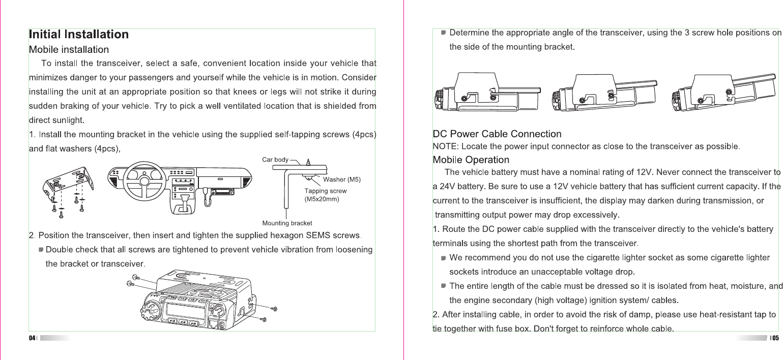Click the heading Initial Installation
[79, 35]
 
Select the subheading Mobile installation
[69, 50]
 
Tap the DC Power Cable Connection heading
[497, 134]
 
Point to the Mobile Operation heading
[471, 160]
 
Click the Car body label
[275, 160]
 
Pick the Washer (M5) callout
[342, 179]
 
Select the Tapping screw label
[325, 191]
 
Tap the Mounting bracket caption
[287, 223]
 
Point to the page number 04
[32, 338]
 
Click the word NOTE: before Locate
[444, 147]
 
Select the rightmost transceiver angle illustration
[722, 92]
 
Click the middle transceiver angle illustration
[604, 92]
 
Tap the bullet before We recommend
[443, 258]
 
